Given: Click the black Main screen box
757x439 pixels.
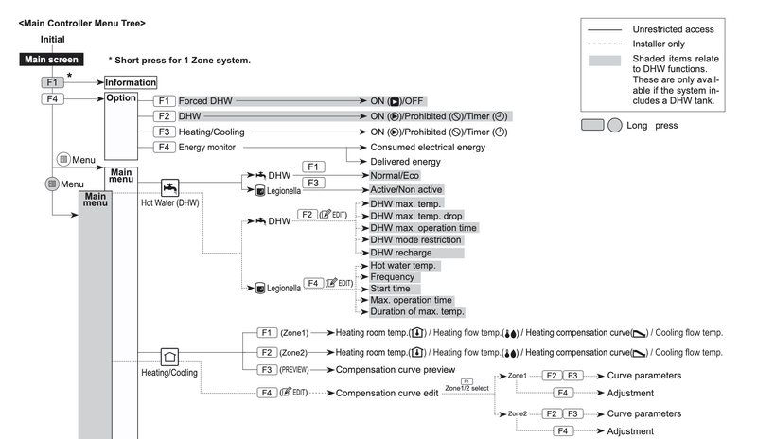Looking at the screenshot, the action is (x=52, y=60).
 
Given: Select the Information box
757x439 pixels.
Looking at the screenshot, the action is (x=131, y=82).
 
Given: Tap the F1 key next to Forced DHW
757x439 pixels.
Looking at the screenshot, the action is (x=164, y=101).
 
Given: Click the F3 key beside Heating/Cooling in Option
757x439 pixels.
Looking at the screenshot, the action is (x=164, y=132).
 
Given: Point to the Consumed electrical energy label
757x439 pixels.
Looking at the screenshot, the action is (x=428, y=148).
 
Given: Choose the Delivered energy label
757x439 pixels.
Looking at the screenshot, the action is (x=406, y=162).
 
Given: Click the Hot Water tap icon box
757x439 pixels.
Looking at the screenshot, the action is (x=169, y=187).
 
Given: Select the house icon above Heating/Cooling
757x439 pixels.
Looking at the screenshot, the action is (x=169, y=358).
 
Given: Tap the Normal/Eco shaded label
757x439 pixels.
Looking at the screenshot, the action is (x=395, y=176).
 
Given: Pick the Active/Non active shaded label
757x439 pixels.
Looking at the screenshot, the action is (x=406, y=190).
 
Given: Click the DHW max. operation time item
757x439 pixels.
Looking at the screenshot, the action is (x=423, y=228).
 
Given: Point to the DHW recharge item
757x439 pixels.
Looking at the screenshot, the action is (x=401, y=253).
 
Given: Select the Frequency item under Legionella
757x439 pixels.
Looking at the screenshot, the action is (x=393, y=277).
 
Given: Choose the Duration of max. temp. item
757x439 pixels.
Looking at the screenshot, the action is (x=417, y=312).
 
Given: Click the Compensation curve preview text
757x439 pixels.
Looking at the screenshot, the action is (x=396, y=370).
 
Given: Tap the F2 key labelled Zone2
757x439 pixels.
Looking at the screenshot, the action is (x=267, y=353).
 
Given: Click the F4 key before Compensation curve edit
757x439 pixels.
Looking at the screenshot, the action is (x=267, y=394).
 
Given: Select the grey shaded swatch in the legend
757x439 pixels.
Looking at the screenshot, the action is (x=605, y=61).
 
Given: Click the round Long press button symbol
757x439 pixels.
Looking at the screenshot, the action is (x=614, y=126).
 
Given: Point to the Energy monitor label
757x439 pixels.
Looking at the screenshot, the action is (x=207, y=148).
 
